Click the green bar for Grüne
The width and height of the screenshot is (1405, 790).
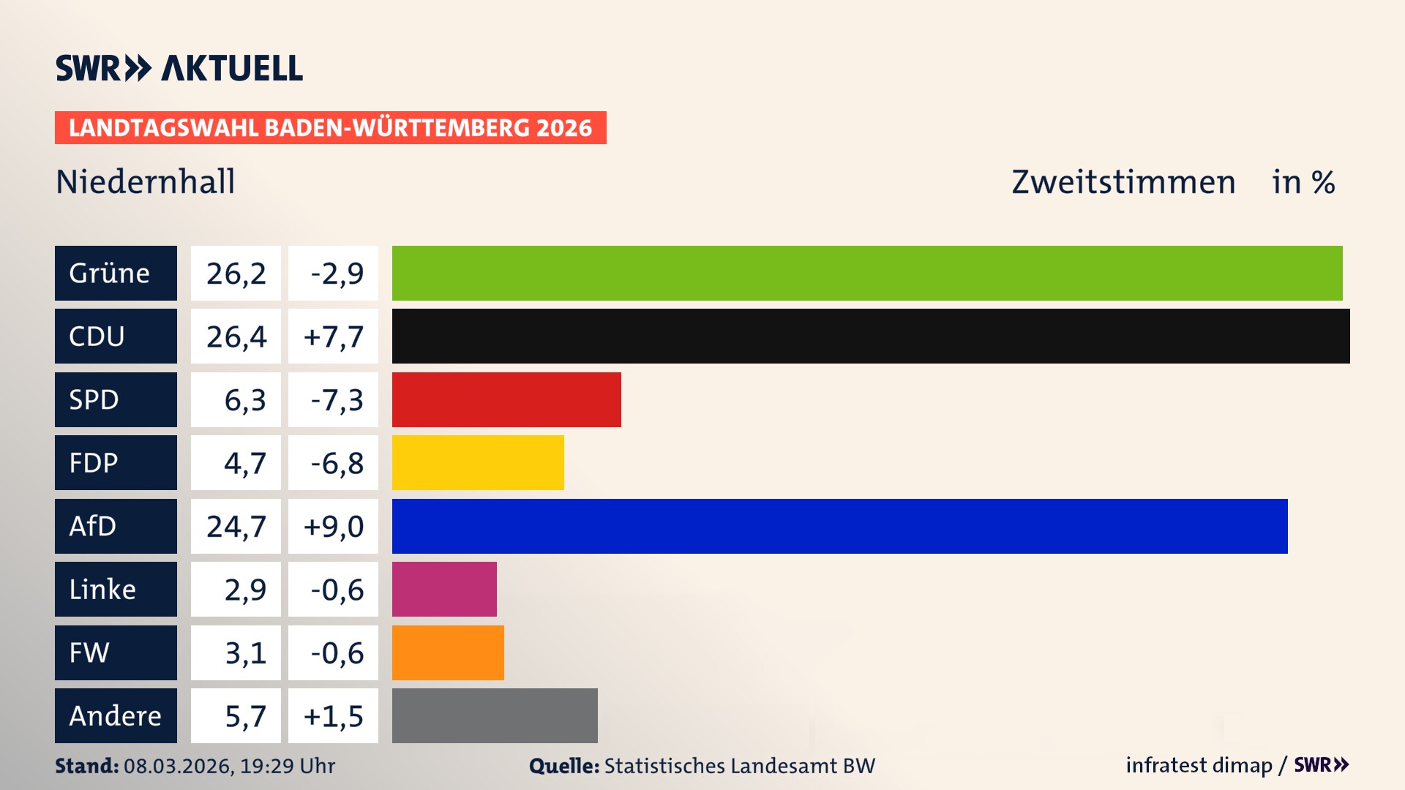click(867, 273)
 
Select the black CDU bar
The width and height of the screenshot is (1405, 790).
click(871, 336)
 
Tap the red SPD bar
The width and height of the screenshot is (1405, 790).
click(506, 399)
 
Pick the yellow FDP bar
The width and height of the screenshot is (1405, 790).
click(478, 462)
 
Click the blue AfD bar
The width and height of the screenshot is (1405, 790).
click(839, 526)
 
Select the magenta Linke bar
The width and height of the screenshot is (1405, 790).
click(444, 589)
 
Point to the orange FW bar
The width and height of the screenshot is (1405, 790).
click(448, 652)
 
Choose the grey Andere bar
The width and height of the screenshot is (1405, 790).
click(495, 715)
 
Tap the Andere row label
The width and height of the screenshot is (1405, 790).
click(116, 715)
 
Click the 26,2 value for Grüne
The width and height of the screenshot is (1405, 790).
click(236, 274)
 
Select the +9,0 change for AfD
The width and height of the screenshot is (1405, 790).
click(333, 527)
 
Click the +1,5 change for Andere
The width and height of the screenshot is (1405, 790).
click(333, 716)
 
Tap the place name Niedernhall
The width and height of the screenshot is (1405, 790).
click(145, 181)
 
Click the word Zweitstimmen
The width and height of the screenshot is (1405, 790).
click(1123, 182)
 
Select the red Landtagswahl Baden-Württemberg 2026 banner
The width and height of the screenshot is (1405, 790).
click(330, 128)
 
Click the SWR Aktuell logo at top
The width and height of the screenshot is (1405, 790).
click(179, 68)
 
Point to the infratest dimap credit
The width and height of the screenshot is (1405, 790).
click(1199, 765)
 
